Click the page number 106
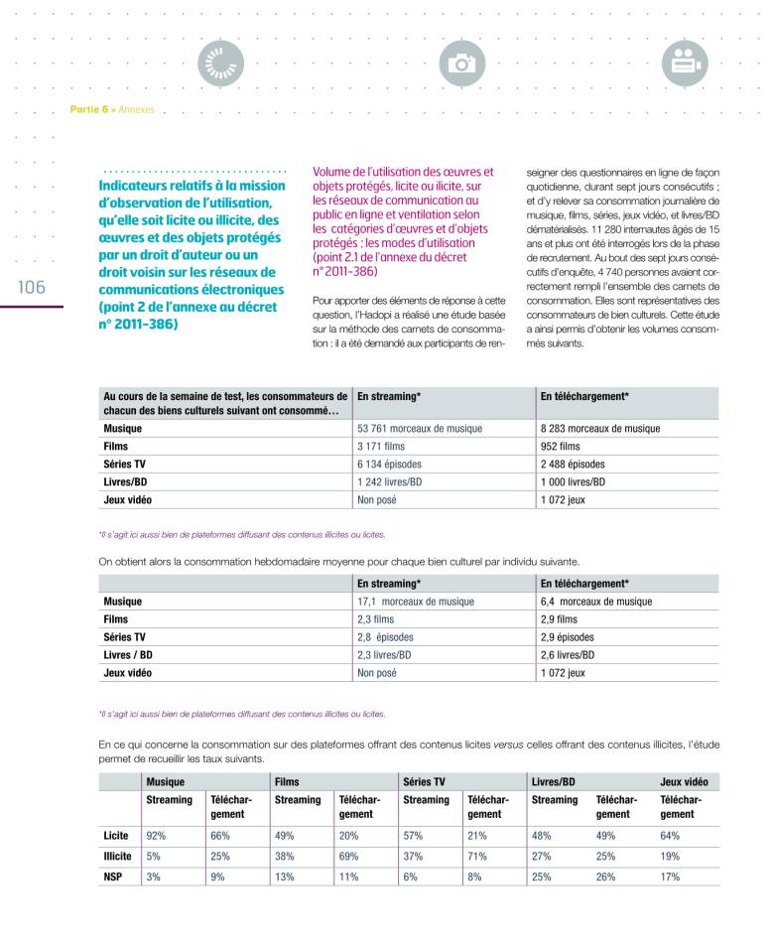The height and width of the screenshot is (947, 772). (31, 287)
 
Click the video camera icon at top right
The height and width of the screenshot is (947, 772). (681, 63)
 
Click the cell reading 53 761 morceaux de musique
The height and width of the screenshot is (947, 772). (419, 428)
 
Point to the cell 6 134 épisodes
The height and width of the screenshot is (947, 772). (389, 464)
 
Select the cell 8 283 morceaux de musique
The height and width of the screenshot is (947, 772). (599, 428)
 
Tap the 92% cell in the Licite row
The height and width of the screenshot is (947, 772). (156, 835)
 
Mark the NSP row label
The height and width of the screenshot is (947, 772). (114, 877)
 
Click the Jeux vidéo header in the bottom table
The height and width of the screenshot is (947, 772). (684, 781)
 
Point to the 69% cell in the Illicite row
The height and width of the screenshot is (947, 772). (347, 856)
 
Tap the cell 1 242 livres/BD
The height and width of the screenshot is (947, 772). (390, 481)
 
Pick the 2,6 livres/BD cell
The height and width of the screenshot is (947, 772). (568, 654)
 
